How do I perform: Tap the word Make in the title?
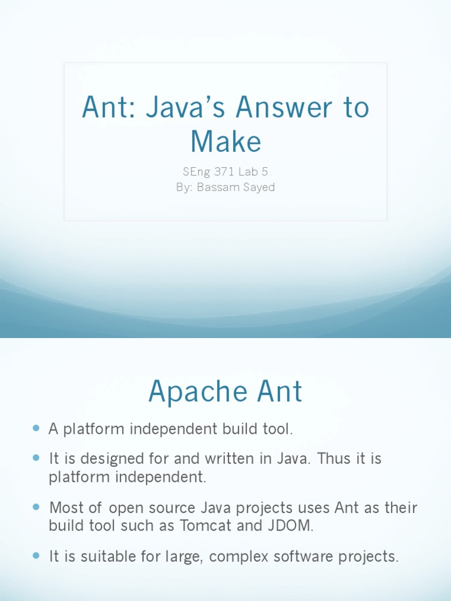tap(225, 141)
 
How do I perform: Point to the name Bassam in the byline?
tap(219, 188)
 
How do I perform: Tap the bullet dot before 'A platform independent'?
tap(36, 429)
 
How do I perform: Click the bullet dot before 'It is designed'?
tap(36, 457)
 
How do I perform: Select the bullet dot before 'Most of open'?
tap(36, 506)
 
